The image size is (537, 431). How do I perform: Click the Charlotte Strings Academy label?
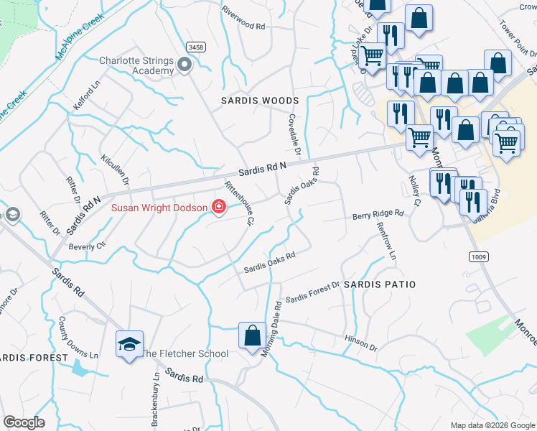136,65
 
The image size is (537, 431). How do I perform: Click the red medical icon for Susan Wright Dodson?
218,208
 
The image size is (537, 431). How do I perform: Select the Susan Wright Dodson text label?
159,208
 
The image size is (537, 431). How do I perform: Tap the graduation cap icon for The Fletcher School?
129,344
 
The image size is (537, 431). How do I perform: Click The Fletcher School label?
184,353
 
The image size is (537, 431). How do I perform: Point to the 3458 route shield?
195,47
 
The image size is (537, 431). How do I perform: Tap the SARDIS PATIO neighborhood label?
379,284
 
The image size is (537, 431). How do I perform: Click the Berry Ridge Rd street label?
378,214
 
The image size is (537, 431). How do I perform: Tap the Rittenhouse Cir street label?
240,204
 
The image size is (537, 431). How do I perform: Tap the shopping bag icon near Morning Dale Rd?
252,336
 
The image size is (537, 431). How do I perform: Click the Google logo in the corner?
24,422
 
